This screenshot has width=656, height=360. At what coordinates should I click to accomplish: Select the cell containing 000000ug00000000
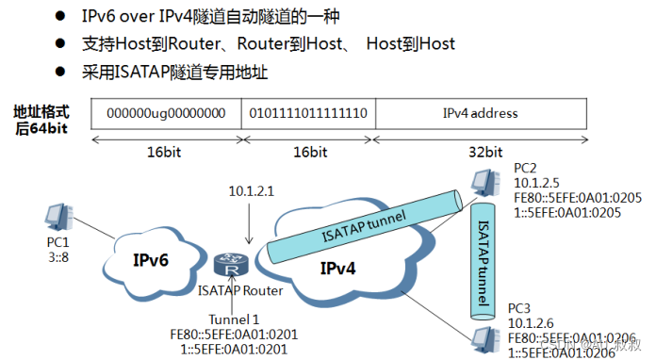pos(166,113)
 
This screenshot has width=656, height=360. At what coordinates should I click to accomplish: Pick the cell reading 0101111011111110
pos(308,113)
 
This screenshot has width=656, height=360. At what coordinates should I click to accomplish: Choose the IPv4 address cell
pos(480,113)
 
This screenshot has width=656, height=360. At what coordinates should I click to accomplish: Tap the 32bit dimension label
pos(480,151)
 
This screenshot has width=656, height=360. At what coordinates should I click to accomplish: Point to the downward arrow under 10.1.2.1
pos(249,226)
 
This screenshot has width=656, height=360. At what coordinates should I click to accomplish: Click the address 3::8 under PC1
pos(58,254)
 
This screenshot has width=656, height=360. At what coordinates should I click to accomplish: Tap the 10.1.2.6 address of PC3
pos(533,323)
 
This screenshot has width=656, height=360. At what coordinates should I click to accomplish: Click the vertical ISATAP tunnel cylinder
pos(482,254)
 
